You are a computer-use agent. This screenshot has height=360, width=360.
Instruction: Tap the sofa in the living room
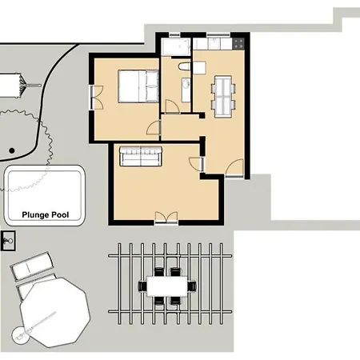140,154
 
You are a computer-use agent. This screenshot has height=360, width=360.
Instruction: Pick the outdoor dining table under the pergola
168,285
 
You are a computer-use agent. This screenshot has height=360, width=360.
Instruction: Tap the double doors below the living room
166,217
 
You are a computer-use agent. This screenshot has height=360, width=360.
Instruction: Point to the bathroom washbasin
186,86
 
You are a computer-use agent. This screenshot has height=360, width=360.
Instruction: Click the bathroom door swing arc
171,106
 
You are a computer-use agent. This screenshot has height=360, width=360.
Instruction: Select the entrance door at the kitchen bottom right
234,169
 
